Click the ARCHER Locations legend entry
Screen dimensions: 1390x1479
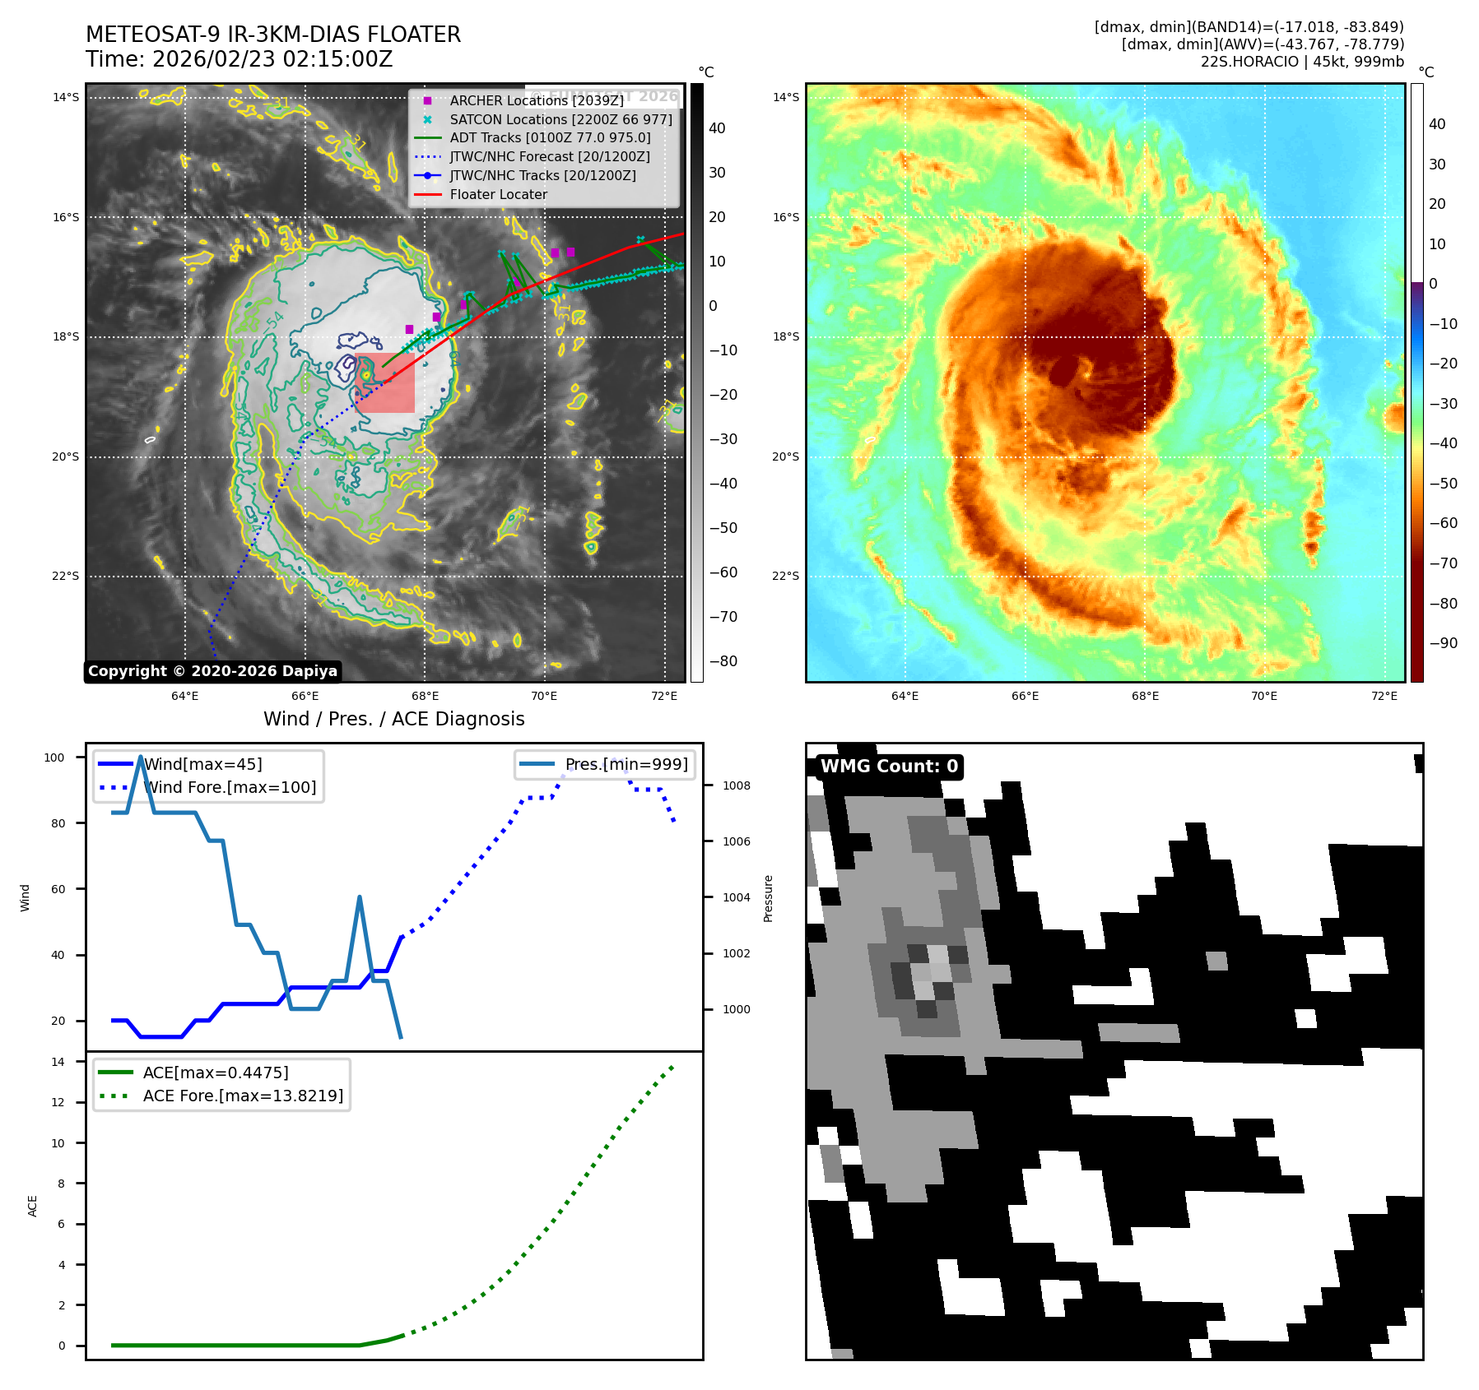click(x=536, y=100)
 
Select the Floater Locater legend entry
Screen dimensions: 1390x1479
click(x=498, y=195)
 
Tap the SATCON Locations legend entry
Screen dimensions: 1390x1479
click(x=560, y=119)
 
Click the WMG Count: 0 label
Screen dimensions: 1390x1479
click(x=888, y=767)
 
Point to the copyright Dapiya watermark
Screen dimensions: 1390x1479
click(x=212, y=671)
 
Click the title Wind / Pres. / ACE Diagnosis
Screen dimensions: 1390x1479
click(x=393, y=719)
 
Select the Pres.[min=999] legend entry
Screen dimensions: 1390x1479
click(x=626, y=764)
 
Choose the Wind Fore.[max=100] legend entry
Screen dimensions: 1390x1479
click(x=229, y=787)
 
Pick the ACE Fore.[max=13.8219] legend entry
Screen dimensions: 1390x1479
click(x=243, y=1096)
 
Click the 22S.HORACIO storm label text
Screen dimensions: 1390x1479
click(x=1302, y=62)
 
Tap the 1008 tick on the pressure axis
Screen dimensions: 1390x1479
click(x=736, y=785)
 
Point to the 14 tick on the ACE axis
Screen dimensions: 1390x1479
click(x=58, y=1062)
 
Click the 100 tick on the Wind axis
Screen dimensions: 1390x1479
click(x=54, y=758)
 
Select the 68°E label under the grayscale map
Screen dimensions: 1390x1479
click(x=425, y=696)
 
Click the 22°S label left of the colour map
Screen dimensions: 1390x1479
click(x=785, y=576)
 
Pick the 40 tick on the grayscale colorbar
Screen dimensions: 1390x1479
click(x=717, y=128)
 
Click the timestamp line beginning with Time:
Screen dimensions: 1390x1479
click(x=239, y=59)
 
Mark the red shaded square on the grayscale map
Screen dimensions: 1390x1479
click(x=385, y=383)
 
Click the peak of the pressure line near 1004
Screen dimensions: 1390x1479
click(x=360, y=897)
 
